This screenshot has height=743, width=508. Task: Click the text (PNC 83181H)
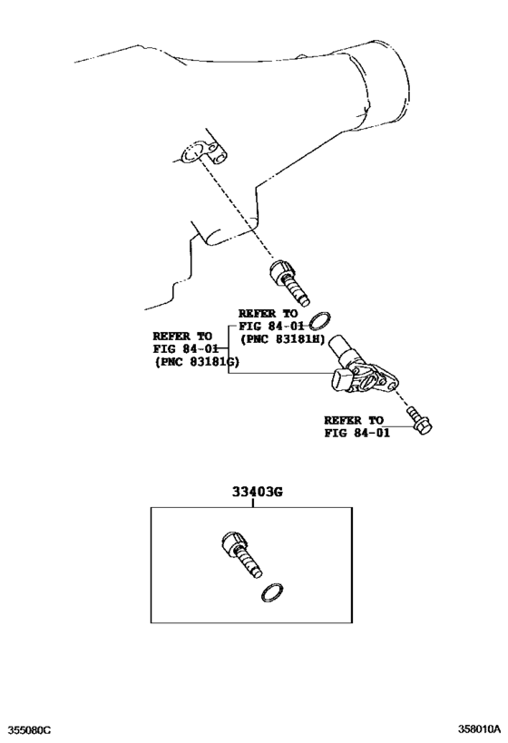pyautogui.click(x=280, y=339)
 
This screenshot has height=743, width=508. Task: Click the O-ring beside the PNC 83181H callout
pyautogui.click(x=320, y=320)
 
